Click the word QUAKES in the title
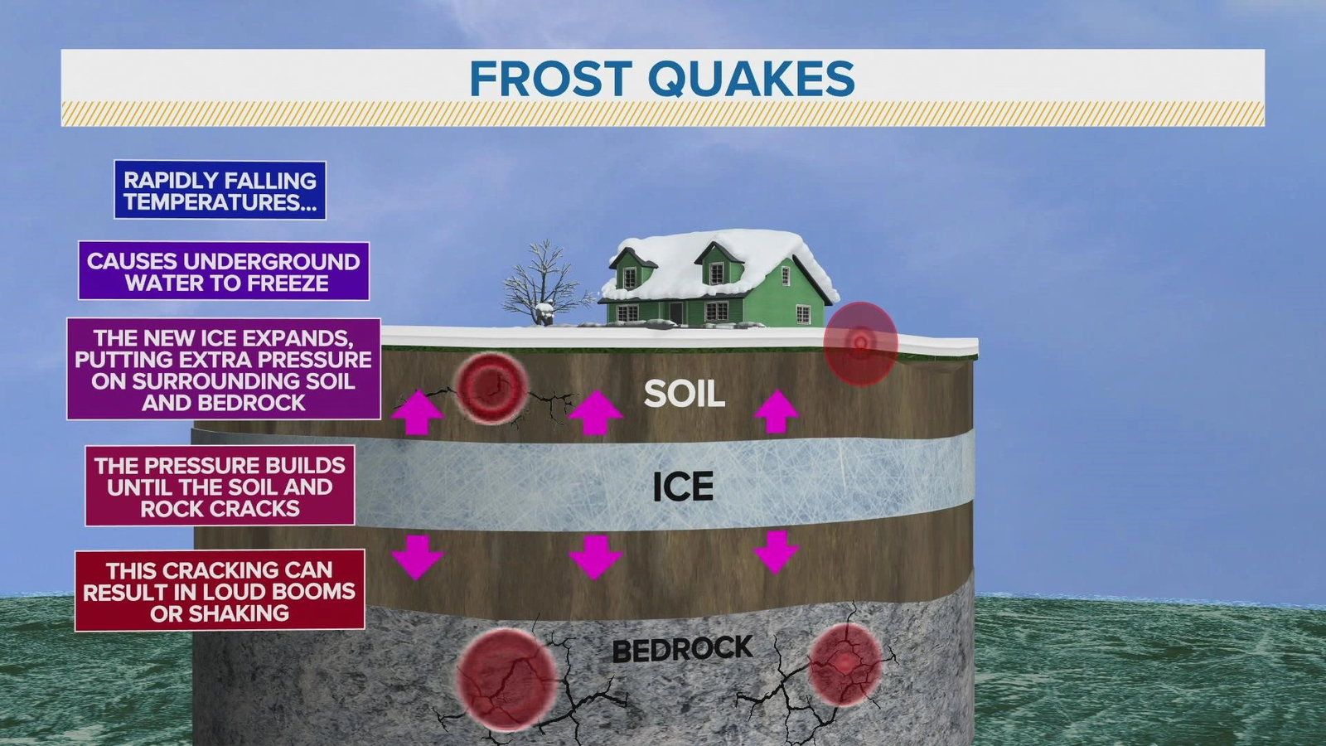point(752,79)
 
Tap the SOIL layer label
point(685,393)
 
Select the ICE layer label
point(683,487)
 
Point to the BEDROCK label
point(683,650)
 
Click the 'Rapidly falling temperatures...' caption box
point(220,190)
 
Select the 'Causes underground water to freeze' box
point(224,271)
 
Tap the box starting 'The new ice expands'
point(224,369)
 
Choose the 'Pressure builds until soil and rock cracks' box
point(220,486)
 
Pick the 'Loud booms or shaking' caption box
point(220,590)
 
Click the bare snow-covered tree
point(544,284)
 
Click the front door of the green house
point(676,312)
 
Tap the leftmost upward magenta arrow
point(418,413)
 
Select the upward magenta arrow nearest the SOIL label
point(596,413)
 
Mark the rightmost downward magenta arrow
point(776,552)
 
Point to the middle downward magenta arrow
point(596,557)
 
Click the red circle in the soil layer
point(491,387)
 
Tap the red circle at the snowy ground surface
point(861,343)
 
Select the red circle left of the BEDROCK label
point(506,679)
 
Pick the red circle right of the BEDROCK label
point(845,664)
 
